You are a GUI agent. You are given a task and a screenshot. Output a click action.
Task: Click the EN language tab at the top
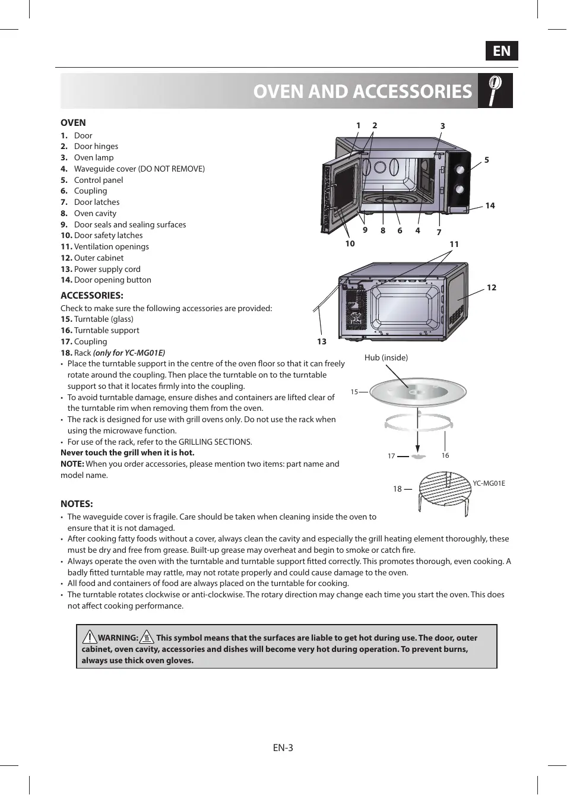pyautogui.click(x=502, y=51)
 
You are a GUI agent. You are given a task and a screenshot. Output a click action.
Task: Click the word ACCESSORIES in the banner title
pyautogui.click(x=414, y=91)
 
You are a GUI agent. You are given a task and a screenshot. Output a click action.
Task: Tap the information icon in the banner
pyautogui.click(x=495, y=90)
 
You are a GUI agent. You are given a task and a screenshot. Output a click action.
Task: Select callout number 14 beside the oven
pyautogui.click(x=490, y=205)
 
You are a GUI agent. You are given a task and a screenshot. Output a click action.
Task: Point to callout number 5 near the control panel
pyautogui.click(x=487, y=160)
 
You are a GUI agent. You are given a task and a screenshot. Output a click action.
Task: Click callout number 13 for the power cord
pyautogui.click(x=322, y=341)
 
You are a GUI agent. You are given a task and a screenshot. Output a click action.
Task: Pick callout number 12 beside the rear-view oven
pyautogui.click(x=492, y=287)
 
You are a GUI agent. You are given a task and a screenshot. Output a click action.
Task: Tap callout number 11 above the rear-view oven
pyautogui.click(x=454, y=244)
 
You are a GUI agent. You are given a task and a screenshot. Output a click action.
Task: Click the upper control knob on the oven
pyautogui.click(x=460, y=169)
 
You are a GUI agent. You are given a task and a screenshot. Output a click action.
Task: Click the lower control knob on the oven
pyautogui.click(x=460, y=189)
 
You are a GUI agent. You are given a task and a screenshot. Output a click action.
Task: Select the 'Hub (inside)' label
pyautogui.click(x=386, y=357)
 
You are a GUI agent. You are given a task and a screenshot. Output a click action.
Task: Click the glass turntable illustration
pyautogui.click(x=418, y=391)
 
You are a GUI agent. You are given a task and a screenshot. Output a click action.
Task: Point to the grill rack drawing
pyautogui.click(x=444, y=490)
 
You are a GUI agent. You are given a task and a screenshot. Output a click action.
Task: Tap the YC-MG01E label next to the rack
pyautogui.click(x=489, y=483)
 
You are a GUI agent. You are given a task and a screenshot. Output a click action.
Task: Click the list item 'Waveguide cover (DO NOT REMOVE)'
pyautogui.click(x=139, y=169)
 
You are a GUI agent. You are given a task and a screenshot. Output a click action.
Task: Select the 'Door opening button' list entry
pyautogui.click(x=112, y=280)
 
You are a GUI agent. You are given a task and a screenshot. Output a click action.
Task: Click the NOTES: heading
pyautogui.click(x=77, y=503)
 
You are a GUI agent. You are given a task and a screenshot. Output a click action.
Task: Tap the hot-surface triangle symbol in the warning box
pyautogui.click(x=147, y=638)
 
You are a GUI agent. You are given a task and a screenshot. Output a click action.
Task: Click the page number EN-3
pyautogui.click(x=283, y=748)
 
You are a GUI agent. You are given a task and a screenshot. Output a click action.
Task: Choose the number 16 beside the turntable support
pyautogui.click(x=445, y=455)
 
